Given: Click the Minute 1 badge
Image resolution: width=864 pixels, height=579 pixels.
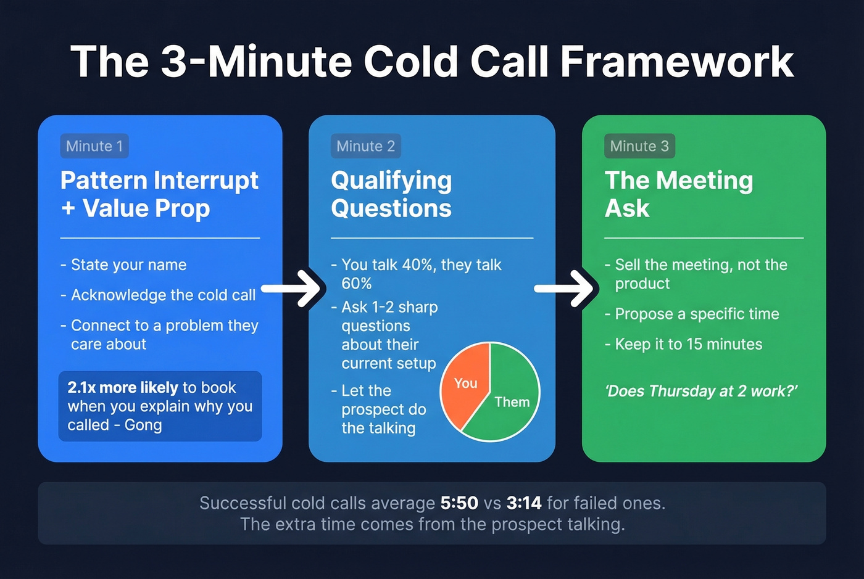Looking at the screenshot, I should click(x=94, y=146).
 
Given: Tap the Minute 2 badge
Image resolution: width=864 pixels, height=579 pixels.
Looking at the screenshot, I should click(x=365, y=146).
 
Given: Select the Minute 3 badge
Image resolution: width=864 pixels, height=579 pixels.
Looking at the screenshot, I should click(x=639, y=146).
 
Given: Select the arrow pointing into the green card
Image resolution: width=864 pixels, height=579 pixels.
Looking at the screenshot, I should click(x=567, y=288).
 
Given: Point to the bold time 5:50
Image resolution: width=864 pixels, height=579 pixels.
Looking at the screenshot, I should click(x=459, y=503).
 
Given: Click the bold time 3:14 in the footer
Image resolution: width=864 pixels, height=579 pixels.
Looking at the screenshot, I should click(x=524, y=503).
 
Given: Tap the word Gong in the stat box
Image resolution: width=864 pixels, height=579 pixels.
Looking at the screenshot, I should click(x=143, y=425).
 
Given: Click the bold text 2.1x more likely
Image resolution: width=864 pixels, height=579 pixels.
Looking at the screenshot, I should click(x=122, y=387).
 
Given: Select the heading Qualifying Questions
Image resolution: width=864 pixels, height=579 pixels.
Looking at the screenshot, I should click(x=391, y=194).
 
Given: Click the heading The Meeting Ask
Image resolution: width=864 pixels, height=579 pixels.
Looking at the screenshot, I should click(x=678, y=194).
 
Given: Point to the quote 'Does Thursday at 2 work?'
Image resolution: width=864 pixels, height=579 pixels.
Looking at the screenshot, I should click(x=702, y=391).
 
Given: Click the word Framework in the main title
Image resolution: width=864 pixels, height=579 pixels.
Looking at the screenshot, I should click(x=676, y=62).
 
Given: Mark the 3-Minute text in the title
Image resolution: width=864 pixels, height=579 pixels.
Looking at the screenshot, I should click(x=255, y=62).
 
